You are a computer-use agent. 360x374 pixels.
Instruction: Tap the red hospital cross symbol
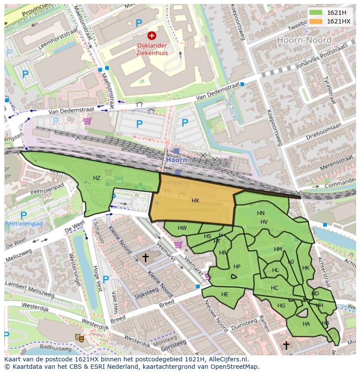point(152,36)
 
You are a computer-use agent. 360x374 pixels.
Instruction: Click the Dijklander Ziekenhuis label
point(151,49)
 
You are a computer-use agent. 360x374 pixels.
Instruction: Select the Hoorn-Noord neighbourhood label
point(304,40)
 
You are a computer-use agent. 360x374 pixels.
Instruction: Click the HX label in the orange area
point(195,201)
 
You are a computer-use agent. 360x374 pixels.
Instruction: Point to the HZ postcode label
point(97,178)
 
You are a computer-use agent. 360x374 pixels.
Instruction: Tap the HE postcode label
point(225,295)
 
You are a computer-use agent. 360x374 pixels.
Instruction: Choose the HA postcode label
point(306,324)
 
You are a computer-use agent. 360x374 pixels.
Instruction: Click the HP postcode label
point(237,267)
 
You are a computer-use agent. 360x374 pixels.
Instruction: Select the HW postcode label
point(182,228)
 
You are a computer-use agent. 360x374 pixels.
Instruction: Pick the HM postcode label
point(278,249)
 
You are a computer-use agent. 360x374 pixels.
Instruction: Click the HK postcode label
point(306,268)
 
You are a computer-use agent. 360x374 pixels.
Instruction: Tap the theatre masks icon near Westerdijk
point(80,337)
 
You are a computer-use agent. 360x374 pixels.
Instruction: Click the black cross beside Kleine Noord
point(145,258)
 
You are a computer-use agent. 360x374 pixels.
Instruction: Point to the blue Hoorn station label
point(176,160)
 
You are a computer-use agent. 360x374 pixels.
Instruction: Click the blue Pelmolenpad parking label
point(24,224)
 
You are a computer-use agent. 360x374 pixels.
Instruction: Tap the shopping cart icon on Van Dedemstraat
point(87,121)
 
